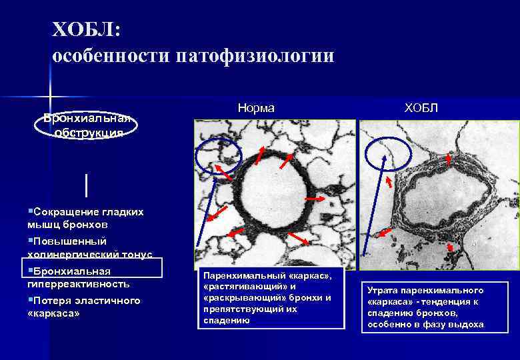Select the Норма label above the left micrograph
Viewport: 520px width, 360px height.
tap(256, 107)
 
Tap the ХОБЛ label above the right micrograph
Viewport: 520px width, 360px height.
tap(421, 107)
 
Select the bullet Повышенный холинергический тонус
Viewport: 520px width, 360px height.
tap(90, 247)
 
